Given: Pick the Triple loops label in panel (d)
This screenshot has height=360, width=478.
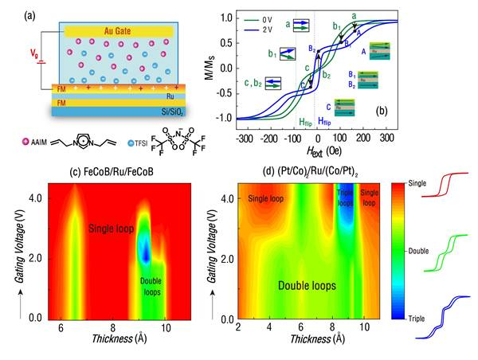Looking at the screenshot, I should point(344,198).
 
